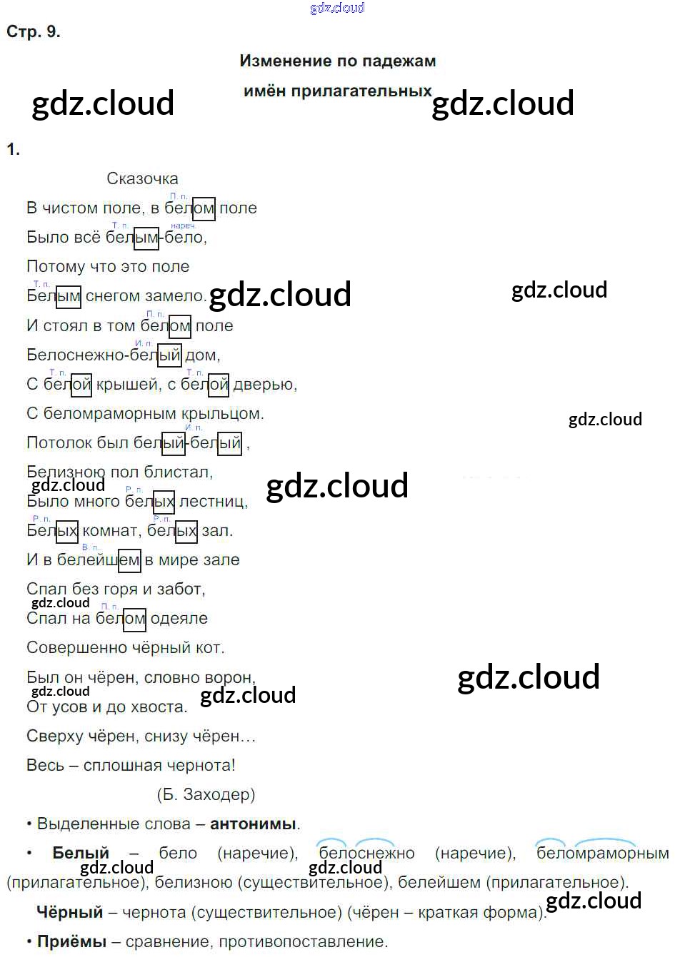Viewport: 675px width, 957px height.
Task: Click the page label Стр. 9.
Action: (33, 32)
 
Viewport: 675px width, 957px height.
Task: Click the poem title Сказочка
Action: (142, 179)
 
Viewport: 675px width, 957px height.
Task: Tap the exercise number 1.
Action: (13, 149)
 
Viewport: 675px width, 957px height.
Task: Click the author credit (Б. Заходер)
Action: (205, 794)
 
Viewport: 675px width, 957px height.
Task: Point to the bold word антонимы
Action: (253, 824)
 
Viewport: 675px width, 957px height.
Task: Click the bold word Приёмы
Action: (71, 942)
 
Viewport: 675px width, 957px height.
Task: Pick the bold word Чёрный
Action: (69, 912)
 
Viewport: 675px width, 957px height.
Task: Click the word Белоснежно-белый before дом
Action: (104, 355)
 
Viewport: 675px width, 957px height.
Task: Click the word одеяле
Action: (179, 619)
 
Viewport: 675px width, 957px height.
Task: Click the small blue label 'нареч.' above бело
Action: (184, 226)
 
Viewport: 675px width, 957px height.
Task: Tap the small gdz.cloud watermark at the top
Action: (337, 8)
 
